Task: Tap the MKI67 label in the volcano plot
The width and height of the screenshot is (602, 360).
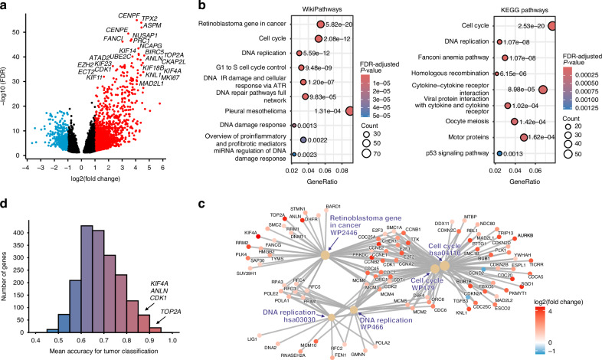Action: (149, 77)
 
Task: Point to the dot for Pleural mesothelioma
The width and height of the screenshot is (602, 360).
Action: (350, 111)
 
